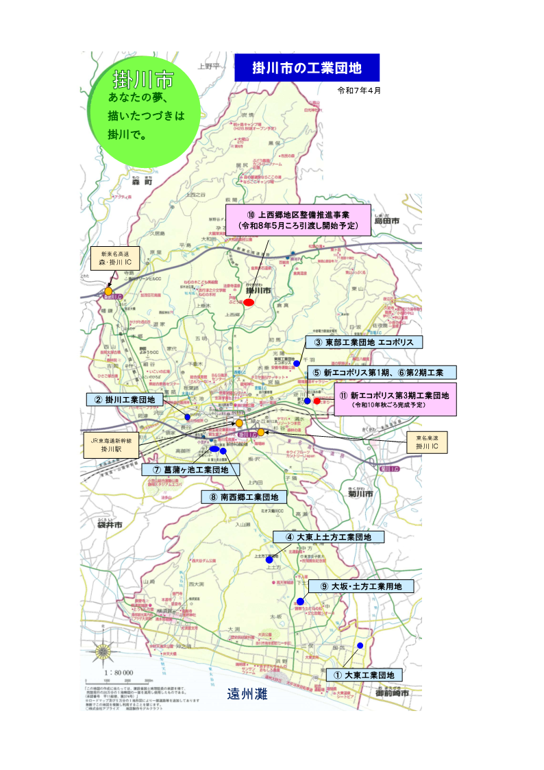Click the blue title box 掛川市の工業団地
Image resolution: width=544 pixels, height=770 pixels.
tap(306, 68)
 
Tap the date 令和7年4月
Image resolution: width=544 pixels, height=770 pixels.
tap(358, 91)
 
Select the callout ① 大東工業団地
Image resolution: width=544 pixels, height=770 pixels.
tap(364, 675)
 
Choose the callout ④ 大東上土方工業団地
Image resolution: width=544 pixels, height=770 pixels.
tap(329, 537)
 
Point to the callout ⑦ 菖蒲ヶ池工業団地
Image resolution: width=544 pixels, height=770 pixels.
tap(190, 470)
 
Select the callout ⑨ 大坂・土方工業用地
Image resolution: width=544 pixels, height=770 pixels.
tap(361, 586)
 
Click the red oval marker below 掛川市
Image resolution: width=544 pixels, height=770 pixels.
tap(249, 302)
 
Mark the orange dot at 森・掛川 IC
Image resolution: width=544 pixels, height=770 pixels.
tap(108, 291)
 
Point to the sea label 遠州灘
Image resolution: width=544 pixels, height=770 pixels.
tap(247, 695)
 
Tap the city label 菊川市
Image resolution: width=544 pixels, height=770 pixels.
tap(360, 494)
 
